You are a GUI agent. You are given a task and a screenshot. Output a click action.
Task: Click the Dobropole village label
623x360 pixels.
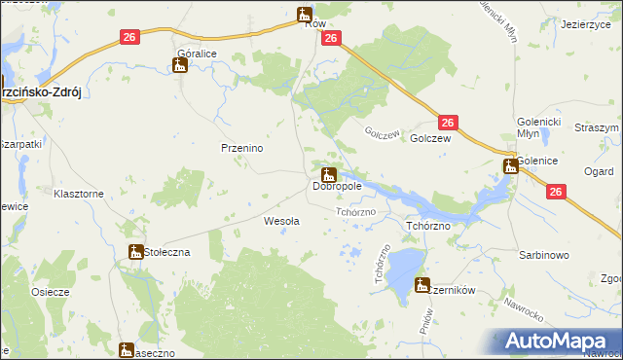337,186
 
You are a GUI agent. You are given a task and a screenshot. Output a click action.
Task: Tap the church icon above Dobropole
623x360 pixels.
329,175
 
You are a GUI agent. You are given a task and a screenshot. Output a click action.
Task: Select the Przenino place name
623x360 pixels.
242,148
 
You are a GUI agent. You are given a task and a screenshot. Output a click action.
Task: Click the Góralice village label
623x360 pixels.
196,54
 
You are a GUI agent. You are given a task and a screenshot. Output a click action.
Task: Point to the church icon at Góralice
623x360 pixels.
179,66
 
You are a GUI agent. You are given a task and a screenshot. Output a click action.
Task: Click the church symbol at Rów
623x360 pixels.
305,15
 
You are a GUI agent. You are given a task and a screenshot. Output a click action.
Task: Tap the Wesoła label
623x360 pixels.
281,221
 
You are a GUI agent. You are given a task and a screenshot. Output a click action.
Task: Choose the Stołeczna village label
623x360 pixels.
167,252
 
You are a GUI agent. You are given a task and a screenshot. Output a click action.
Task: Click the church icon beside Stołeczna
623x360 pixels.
136,252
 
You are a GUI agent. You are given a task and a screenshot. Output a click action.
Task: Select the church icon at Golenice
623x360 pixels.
509,166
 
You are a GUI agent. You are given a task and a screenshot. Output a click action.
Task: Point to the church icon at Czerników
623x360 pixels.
421,284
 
